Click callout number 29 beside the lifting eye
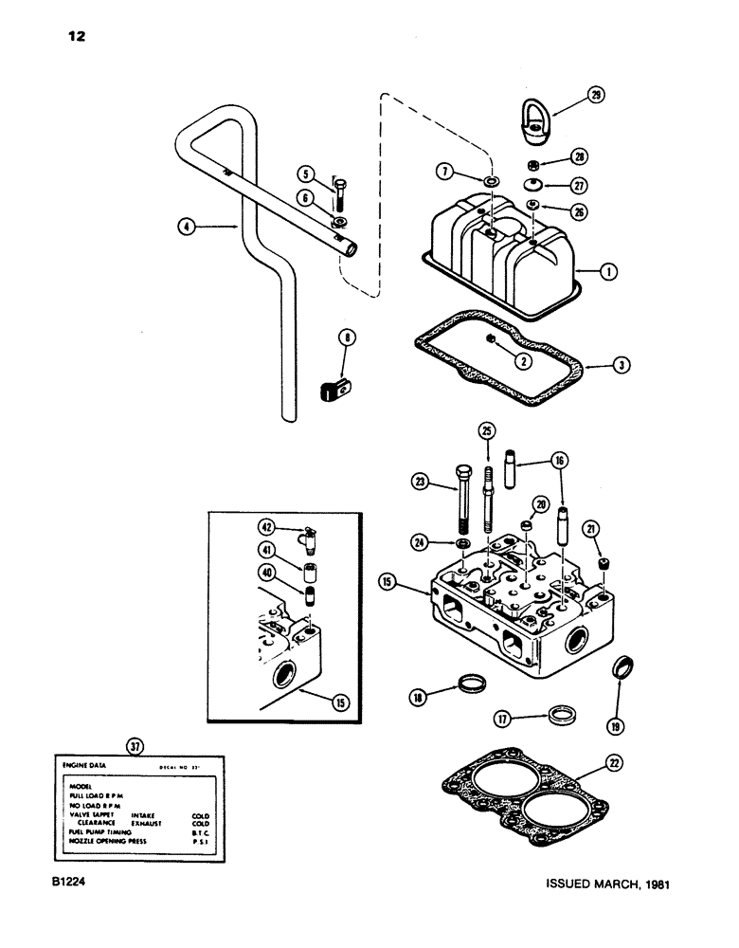pos(594,96)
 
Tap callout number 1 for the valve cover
pos(611,270)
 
